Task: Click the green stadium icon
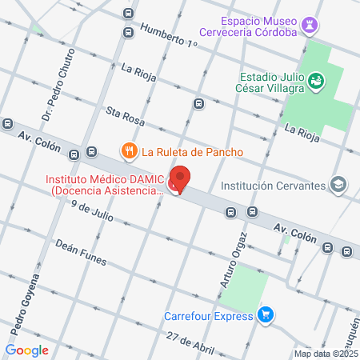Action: [x=317, y=80]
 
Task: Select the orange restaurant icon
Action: [x=128, y=150]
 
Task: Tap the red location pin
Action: [x=181, y=181]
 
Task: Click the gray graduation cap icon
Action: [x=338, y=185]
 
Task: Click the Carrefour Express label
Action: [x=208, y=315]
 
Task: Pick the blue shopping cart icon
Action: [x=266, y=314]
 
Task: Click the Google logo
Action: [x=26, y=350]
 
